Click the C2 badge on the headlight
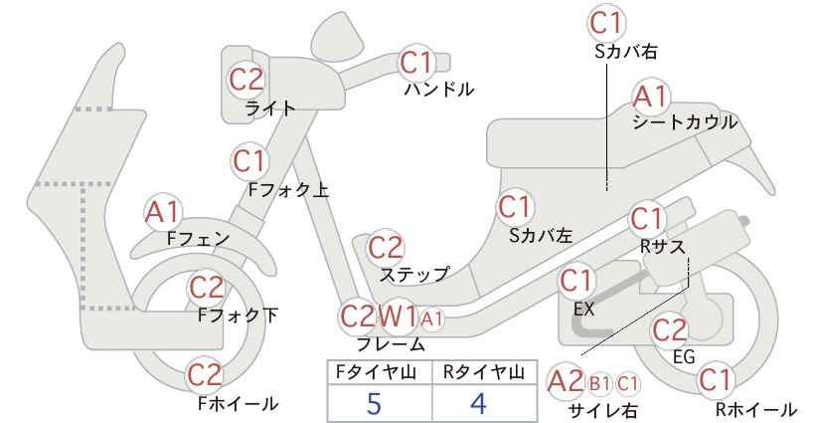pos(246,80)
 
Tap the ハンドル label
pos(439,90)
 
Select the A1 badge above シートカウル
pos(651,97)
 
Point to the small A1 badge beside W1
pos(432,318)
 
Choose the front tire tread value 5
pos(373,403)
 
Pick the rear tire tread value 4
pos(478,403)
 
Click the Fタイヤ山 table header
pos(376,372)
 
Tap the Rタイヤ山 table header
pos(484,372)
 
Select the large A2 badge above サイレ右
pos(566,382)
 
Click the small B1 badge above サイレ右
pos(599,384)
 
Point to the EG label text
pos(684,357)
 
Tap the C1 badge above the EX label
pos(575,282)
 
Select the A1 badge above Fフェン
pos(163,213)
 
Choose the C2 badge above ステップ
pos(386,248)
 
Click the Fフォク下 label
pos(239,316)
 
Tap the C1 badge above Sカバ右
pos(607,23)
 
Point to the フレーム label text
pos(391,344)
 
